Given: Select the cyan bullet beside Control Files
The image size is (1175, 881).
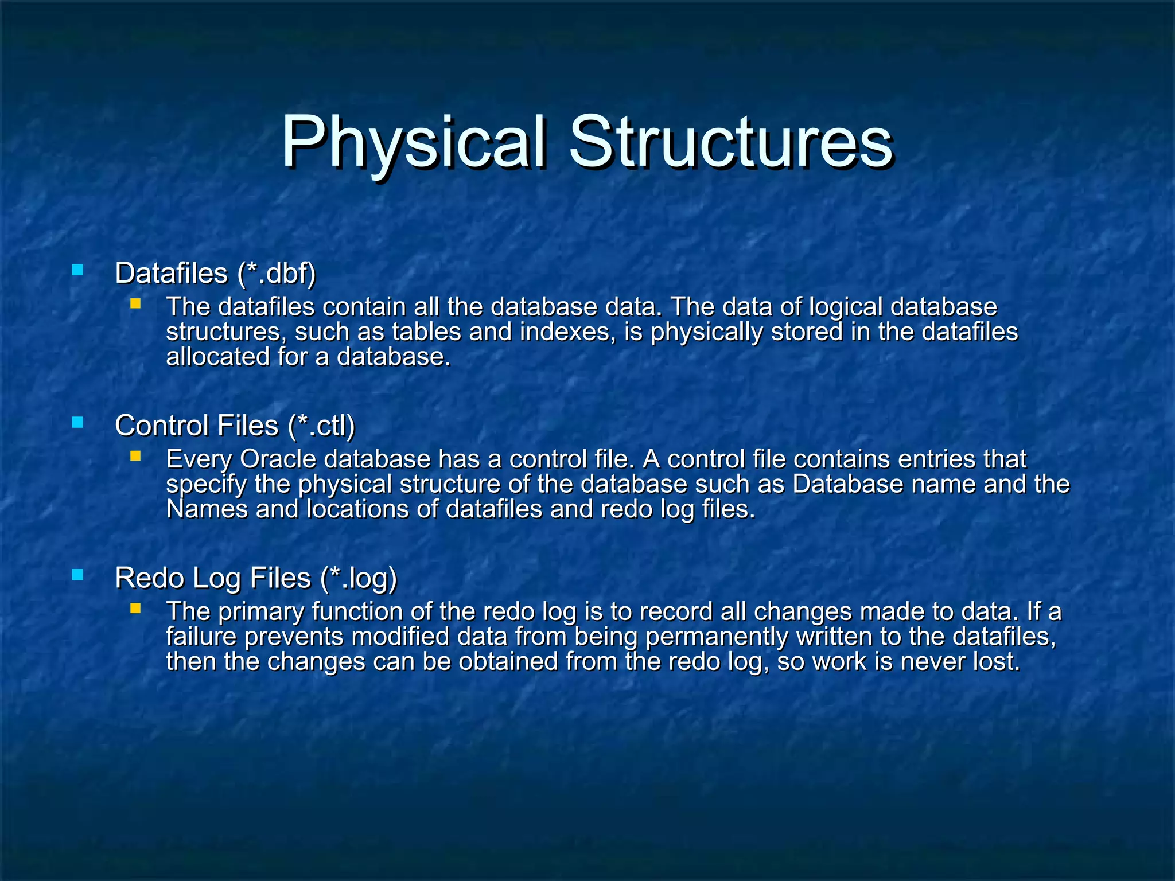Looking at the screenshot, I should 77,423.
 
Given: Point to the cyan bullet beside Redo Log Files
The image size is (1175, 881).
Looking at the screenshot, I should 77,575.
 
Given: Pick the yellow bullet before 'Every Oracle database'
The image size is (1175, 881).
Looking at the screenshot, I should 135,456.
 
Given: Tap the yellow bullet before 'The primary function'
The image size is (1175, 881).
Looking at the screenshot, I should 135,608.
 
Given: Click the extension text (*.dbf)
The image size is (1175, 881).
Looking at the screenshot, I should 276,273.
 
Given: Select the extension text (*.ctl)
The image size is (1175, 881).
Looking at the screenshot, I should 322,426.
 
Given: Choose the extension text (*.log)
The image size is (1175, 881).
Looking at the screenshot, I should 359,578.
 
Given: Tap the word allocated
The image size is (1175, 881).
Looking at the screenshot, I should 217,357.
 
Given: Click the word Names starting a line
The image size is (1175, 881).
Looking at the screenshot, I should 207,509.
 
